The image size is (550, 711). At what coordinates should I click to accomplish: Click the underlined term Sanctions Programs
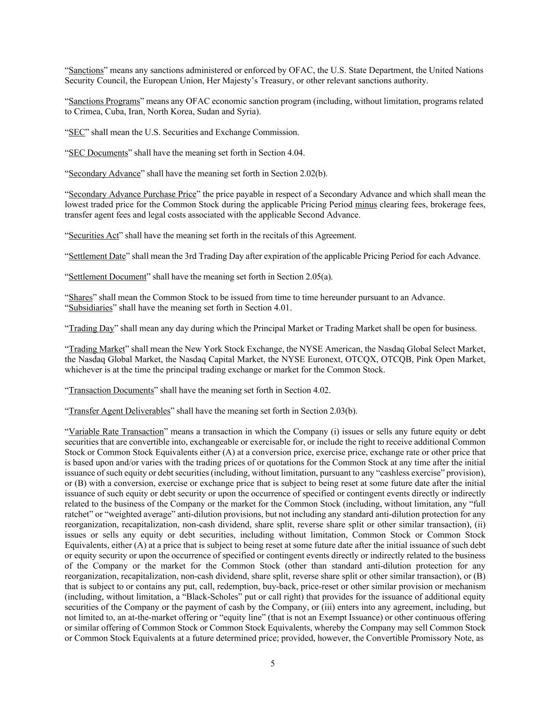point(104,101)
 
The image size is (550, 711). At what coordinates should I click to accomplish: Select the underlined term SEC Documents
point(98,153)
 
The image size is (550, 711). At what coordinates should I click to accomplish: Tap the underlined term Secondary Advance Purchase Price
point(132,194)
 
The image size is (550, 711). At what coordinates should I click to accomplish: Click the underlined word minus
point(365,205)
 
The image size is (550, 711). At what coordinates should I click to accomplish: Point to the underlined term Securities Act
point(94,235)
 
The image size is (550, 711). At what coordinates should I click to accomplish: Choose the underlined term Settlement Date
point(97,256)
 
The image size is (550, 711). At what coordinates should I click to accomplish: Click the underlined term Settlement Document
point(107,277)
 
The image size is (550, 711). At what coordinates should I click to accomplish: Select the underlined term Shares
point(80,297)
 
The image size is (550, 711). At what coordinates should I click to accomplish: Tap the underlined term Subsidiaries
point(90,308)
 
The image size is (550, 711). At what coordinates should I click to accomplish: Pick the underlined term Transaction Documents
point(111,390)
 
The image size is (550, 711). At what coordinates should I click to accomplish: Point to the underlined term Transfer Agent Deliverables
point(119,411)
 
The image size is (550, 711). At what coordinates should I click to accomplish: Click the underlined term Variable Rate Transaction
point(116,432)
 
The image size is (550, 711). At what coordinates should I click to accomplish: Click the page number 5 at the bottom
point(273,663)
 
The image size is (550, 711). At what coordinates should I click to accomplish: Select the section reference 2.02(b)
point(313,173)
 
